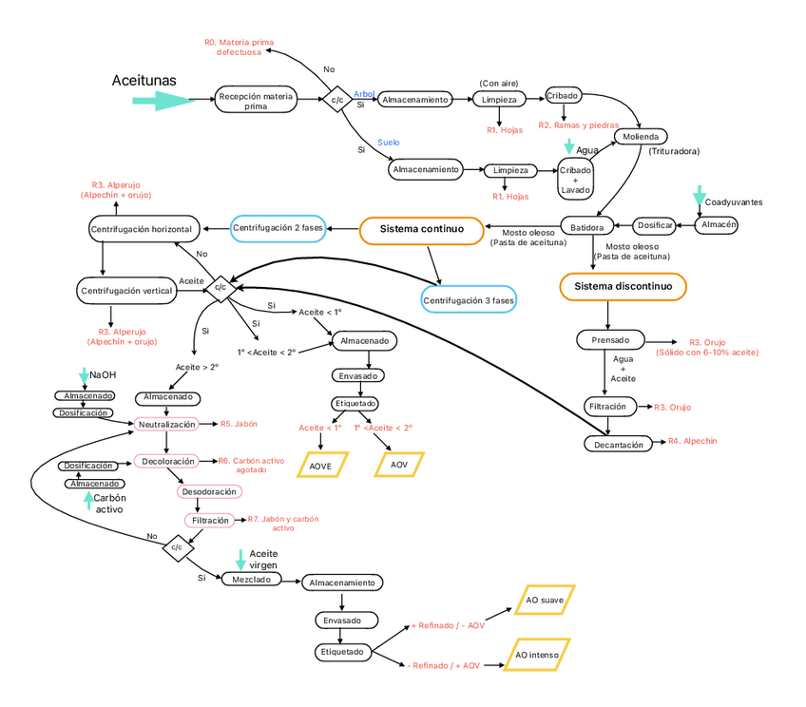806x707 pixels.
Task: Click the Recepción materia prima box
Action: (x=256, y=101)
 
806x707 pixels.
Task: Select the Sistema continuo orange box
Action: (x=421, y=229)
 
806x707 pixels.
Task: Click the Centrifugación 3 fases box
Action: (x=468, y=300)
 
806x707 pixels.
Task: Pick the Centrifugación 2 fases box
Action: (x=278, y=228)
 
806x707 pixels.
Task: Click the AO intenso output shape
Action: (x=536, y=655)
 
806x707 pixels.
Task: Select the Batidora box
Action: (x=587, y=227)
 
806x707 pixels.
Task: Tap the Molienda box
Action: (x=641, y=137)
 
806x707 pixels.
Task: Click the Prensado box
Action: (x=610, y=339)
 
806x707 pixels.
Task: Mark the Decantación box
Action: (x=620, y=444)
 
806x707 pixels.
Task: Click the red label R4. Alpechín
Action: (x=692, y=441)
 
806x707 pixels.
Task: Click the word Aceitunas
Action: (x=144, y=81)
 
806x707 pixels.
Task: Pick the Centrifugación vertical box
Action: (x=128, y=290)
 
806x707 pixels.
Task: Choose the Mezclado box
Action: (x=250, y=579)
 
